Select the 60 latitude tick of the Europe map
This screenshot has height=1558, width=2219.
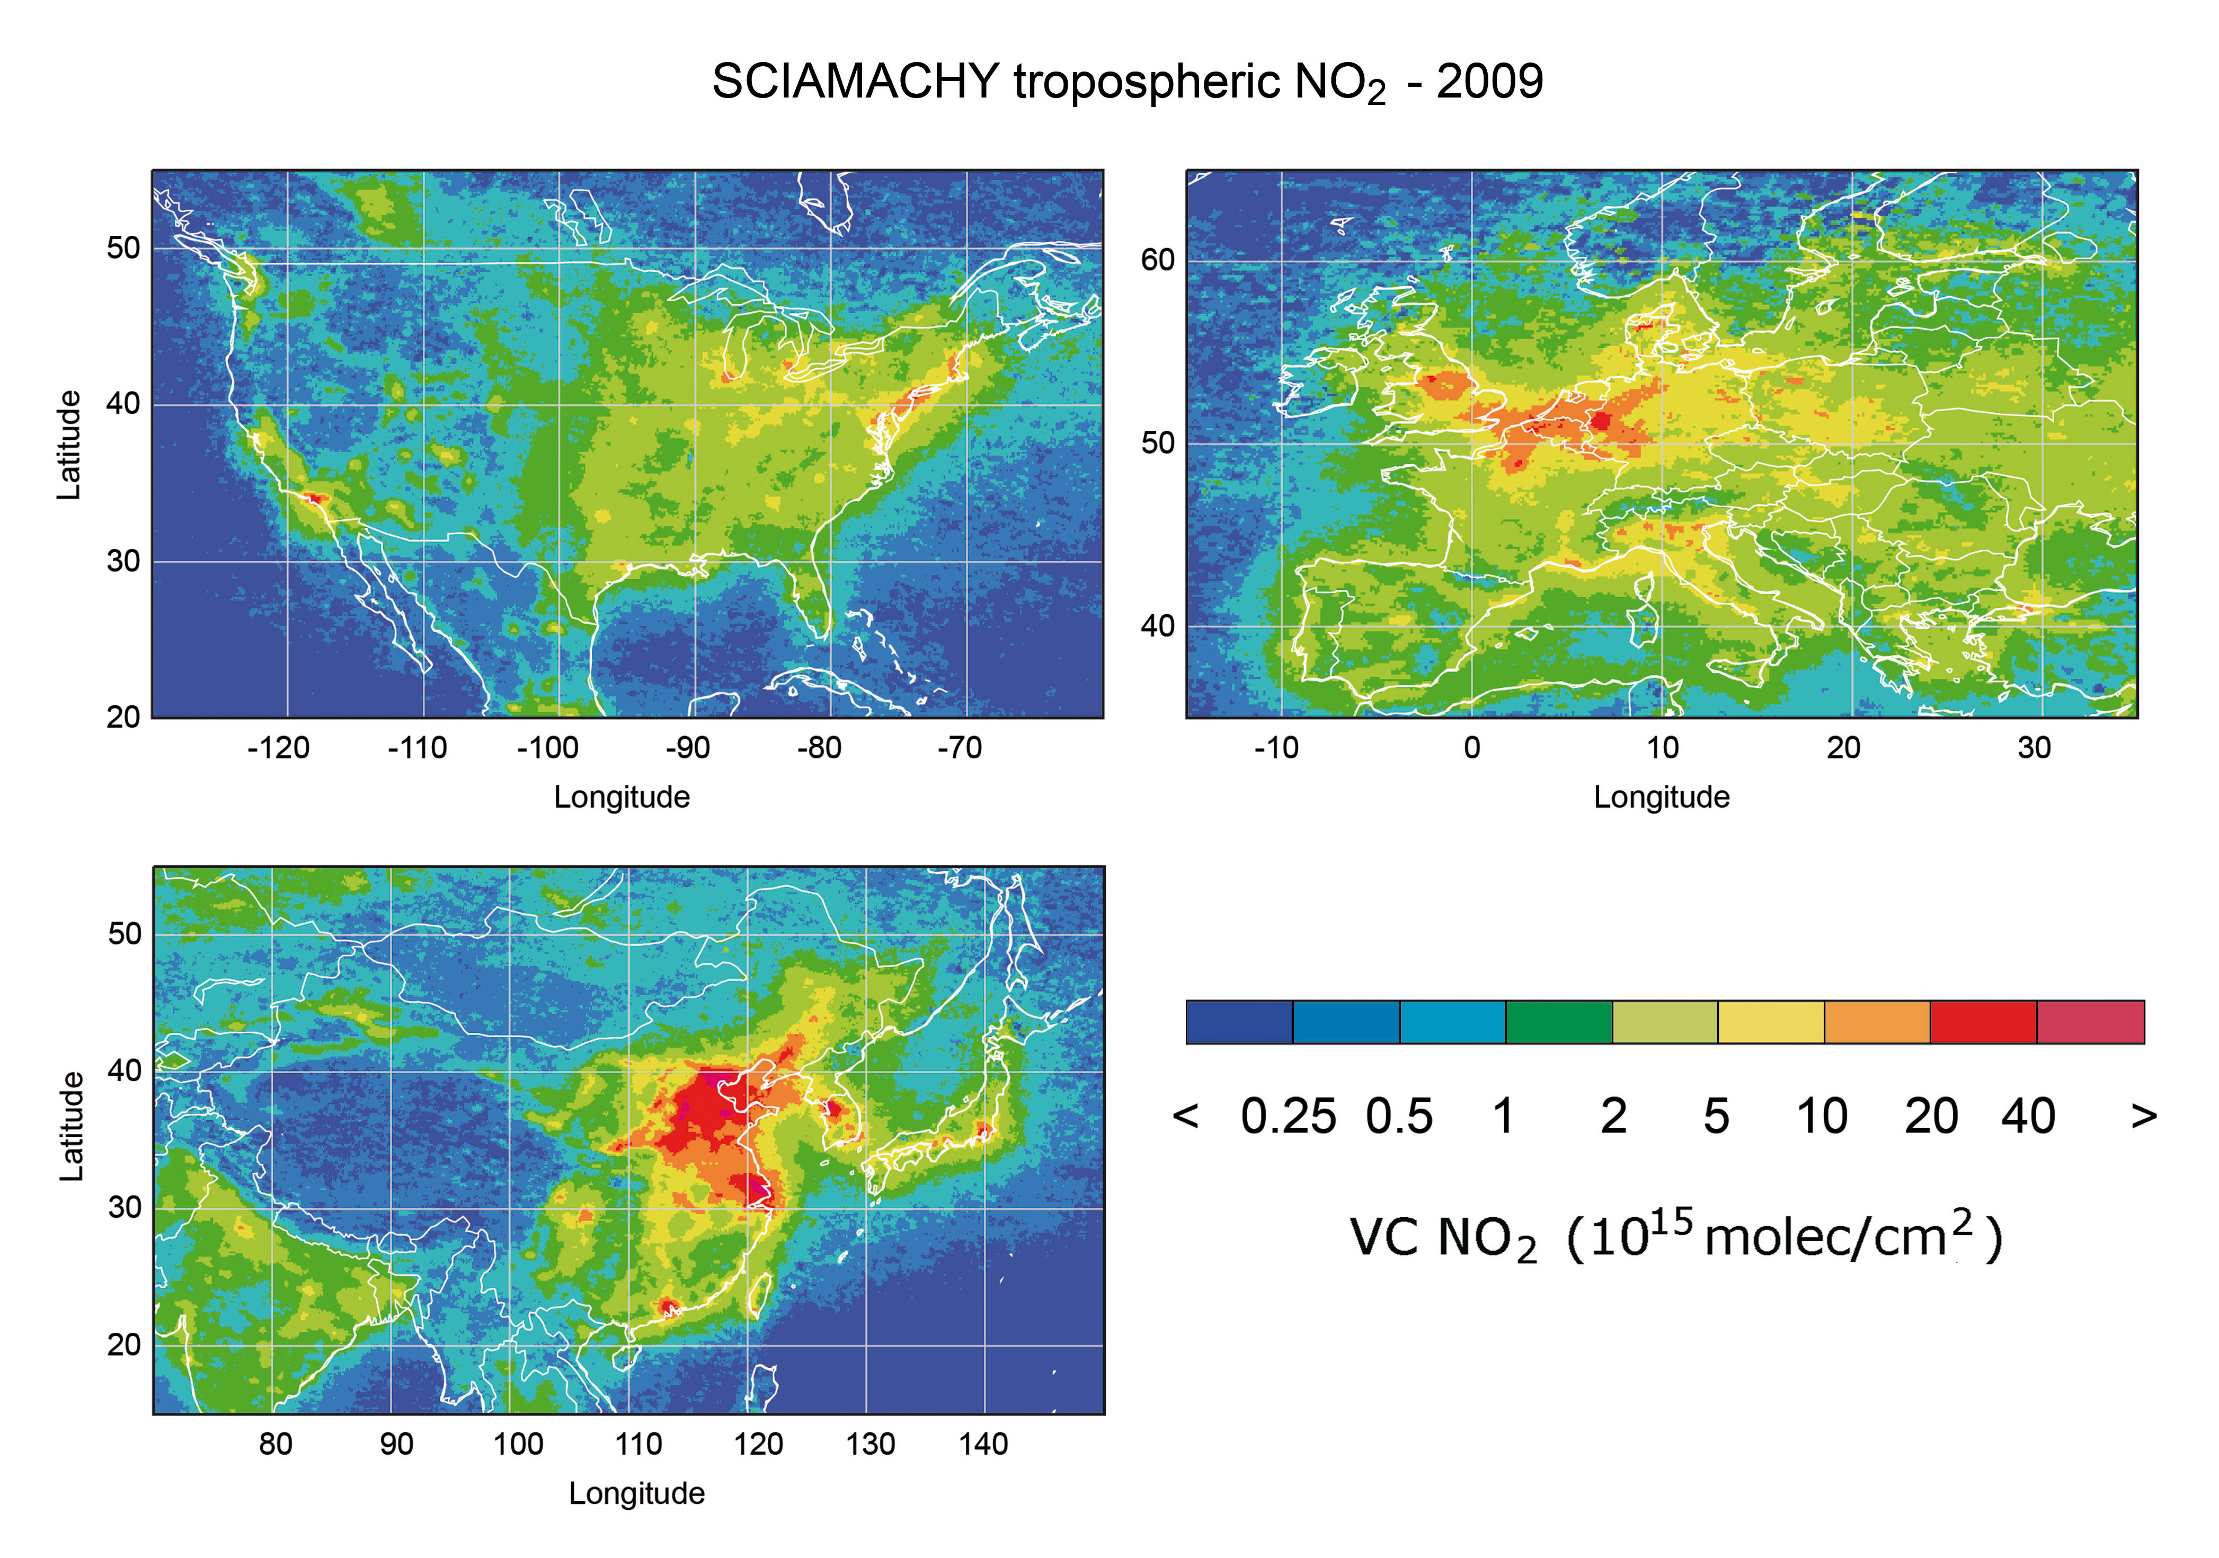(x=1157, y=260)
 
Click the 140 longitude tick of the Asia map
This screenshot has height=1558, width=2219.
(x=983, y=1444)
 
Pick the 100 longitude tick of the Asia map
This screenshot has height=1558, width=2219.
(x=518, y=1444)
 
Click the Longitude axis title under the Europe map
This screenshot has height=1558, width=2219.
(x=1662, y=798)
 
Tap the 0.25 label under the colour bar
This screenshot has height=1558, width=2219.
(x=1288, y=1117)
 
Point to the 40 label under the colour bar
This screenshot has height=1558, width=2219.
(x=2028, y=1117)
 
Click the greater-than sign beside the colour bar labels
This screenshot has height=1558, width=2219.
(x=2144, y=1117)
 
